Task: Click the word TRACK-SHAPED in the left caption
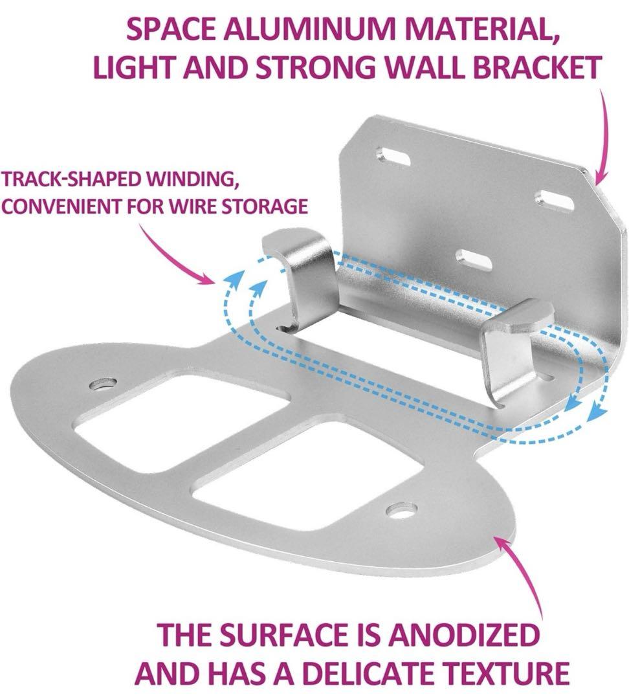(72, 180)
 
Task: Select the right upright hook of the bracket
(513, 352)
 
